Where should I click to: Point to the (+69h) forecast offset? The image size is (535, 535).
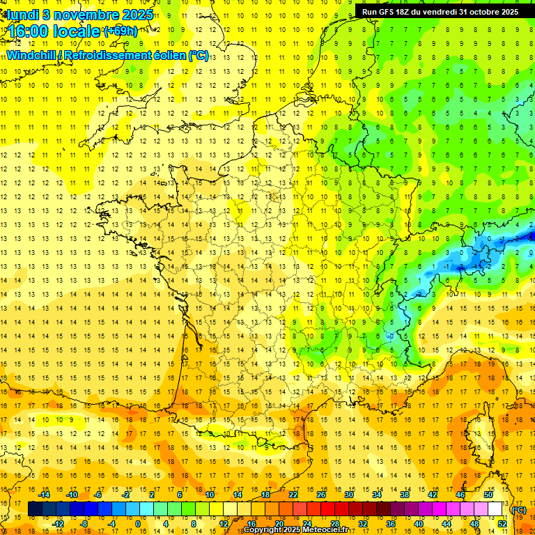pos(121,31)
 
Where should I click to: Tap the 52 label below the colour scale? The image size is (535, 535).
pos(502,524)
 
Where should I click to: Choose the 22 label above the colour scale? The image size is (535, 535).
pos(293,494)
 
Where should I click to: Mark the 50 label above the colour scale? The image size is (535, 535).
pos(488,494)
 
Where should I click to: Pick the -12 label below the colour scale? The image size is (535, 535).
pos(59,524)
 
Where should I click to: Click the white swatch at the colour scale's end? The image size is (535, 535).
pos(495,509)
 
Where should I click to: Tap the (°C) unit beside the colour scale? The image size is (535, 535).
pos(519,509)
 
